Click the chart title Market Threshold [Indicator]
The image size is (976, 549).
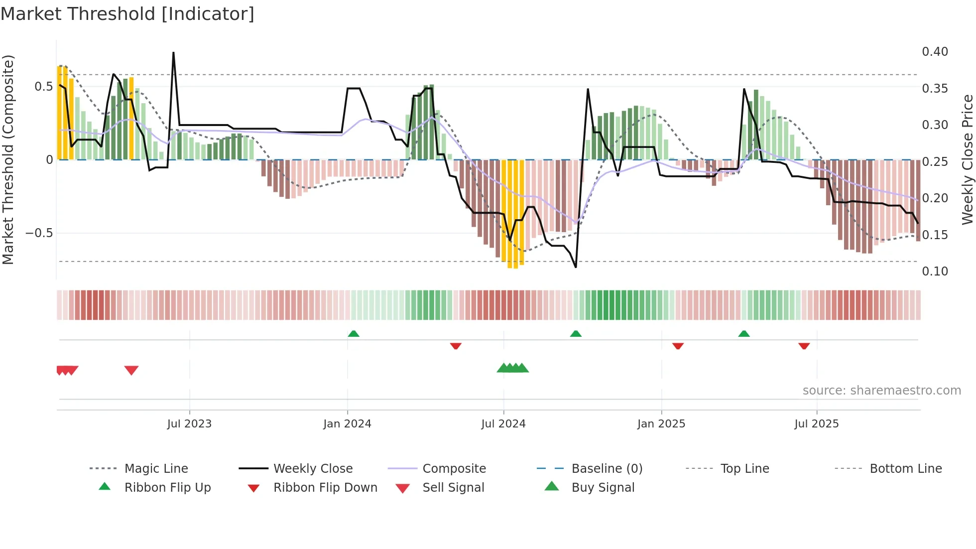point(127,14)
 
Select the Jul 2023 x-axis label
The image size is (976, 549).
point(189,424)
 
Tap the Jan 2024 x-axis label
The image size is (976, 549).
point(347,424)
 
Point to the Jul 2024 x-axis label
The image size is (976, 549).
point(503,424)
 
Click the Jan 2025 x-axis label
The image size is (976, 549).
point(661,424)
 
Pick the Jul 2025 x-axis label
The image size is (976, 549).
point(817,424)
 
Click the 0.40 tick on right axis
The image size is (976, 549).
point(935,52)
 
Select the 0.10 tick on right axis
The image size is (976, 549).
point(935,272)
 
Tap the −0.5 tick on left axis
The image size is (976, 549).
point(39,233)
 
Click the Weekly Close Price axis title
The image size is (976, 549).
point(967,159)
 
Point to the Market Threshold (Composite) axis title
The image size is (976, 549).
point(8,159)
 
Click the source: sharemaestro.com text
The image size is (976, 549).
point(881,391)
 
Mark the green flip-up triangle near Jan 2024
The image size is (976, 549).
point(354,334)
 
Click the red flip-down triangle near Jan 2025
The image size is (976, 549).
point(678,346)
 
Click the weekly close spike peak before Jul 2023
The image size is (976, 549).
point(173,52)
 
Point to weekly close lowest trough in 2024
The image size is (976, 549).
point(576,267)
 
